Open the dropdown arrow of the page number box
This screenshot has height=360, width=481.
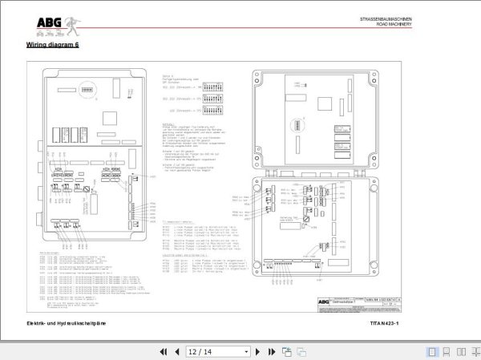pyautogui.click(x=246, y=351)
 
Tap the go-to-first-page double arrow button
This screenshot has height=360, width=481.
pyautogui.click(x=164, y=351)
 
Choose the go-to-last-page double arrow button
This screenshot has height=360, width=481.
pyautogui.click(x=273, y=351)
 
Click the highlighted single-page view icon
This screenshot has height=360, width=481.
pyautogui.click(x=432, y=351)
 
